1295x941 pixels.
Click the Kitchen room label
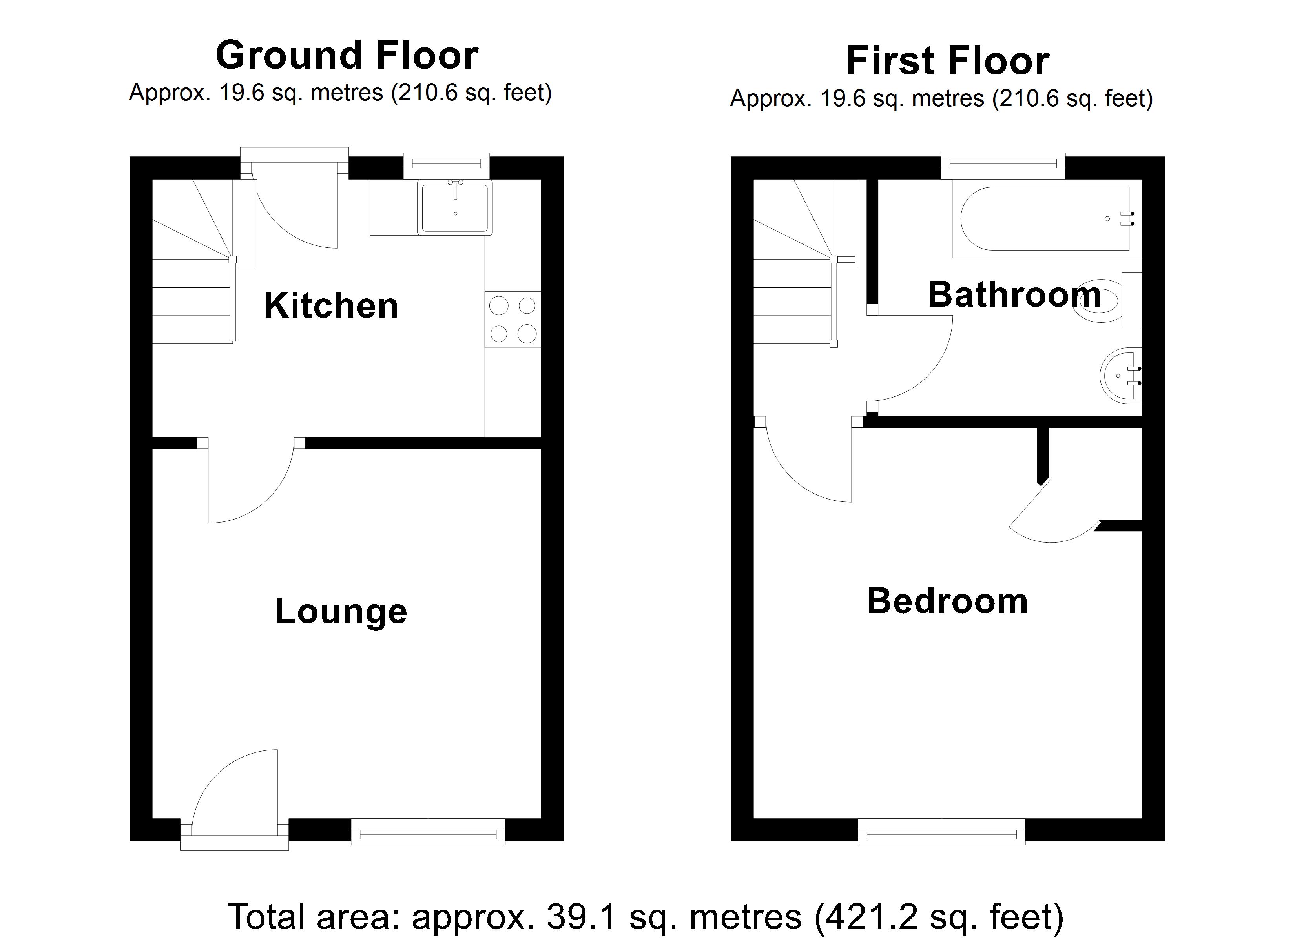click(331, 305)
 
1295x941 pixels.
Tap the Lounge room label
click(341, 612)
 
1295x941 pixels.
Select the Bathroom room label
click(1014, 294)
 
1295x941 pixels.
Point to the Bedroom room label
click(948, 601)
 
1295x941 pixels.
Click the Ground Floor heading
click(347, 55)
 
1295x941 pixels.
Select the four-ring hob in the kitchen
click(513, 320)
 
